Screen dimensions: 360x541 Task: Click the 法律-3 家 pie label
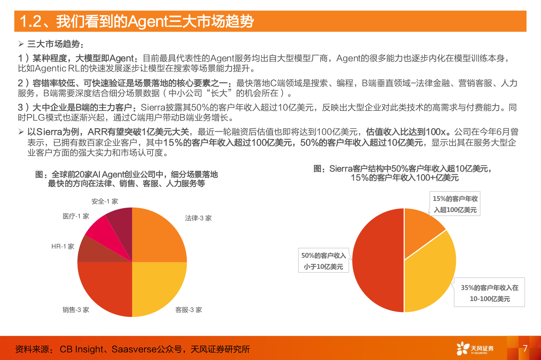[198, 218]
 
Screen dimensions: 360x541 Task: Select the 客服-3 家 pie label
[189, 310]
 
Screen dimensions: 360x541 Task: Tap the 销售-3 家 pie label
[76, 310]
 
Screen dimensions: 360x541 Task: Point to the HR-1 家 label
[63, 246]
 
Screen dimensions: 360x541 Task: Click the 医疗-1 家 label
[76, 216]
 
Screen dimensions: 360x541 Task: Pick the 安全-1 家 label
[105, 201]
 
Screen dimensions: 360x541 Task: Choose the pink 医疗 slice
[102, 233]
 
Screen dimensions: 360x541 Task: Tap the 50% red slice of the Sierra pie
[378, 261]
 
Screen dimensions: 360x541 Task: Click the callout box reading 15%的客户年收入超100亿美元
[455, 204]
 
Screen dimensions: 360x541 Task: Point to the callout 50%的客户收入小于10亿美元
[323, 261]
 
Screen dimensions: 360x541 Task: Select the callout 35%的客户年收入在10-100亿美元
[489, 293]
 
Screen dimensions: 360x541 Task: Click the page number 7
[525, 348]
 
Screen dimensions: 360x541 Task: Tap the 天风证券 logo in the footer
[475, 349]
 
